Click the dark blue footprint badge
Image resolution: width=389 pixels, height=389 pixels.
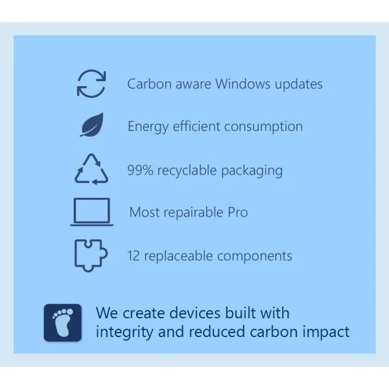coord(63,322)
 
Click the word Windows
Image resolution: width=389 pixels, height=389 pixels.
coord(242,84)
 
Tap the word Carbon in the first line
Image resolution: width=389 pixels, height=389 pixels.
coord(149,84)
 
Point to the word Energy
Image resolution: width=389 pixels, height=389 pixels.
coord(148,127)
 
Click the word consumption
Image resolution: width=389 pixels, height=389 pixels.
coord(263,127)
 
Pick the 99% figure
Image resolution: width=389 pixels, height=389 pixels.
coord(140,171)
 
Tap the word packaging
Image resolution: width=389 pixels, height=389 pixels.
coord(252,171)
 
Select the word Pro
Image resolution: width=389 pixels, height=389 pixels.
coord(238,213)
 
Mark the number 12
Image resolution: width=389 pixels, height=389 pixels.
coord(134,256)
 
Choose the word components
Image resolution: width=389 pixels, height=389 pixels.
coord(255,257)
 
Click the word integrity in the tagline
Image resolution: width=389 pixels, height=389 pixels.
coord(124,333)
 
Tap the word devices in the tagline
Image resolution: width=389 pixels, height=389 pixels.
coord(196,313)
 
